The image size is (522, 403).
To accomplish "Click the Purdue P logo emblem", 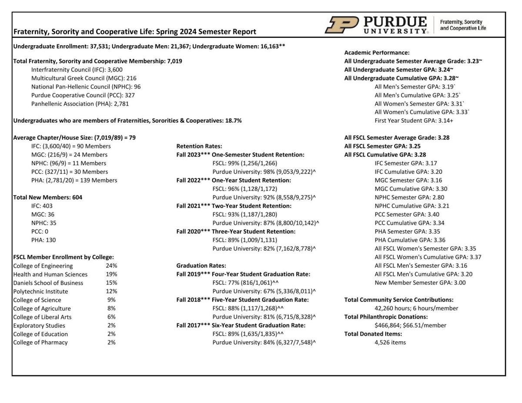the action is click(341, 25).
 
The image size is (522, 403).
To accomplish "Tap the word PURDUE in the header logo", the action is click(395, 22).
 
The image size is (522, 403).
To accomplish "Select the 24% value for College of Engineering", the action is click(111, 266).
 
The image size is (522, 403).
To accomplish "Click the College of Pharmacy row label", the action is click(40, 342).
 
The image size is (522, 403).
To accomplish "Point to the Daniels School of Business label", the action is click(48, 283).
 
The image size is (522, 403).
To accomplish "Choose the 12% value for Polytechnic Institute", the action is click(111, 291).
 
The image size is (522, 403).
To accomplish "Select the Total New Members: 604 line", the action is click(48, 197).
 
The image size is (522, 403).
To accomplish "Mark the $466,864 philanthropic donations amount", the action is click(391, 325).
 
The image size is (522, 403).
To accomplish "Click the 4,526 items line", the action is click(390, 342).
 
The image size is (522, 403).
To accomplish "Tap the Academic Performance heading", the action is click(377, 52).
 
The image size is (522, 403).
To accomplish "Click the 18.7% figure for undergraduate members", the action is click(233, 120).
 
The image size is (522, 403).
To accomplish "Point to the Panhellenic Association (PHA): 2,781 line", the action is click(80, 103).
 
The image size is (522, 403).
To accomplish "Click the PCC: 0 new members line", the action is click(40, 231).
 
